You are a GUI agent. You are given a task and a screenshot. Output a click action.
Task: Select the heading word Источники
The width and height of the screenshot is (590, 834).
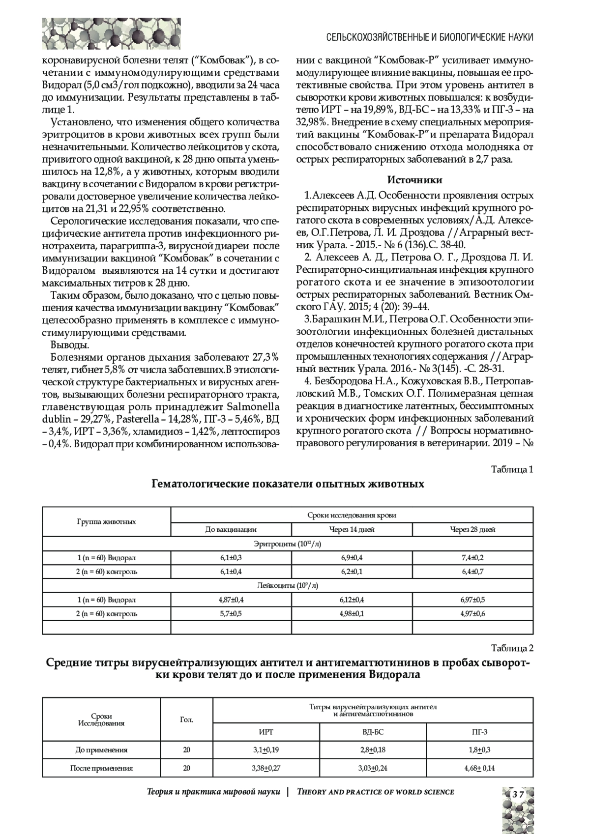pyautogui.click(x=415, y=180)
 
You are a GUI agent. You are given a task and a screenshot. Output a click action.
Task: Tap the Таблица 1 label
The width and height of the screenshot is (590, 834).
pyautogui.click(x=512, y=469)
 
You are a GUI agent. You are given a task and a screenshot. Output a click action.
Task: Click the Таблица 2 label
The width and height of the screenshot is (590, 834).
pyautogui.click(x=512, y=648)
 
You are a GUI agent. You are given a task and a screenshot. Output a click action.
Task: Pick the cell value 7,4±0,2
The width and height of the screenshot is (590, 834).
pyautogui.click(x=472, y=557)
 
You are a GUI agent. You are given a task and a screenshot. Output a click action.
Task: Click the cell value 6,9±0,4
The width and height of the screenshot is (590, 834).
pyautogui.click(x=352, y=557)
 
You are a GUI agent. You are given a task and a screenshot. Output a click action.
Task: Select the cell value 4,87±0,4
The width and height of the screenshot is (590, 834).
pyautogui.click(x=231, y=600)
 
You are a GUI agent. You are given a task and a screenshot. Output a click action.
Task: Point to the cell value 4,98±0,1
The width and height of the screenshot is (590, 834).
pyautogui.click(x=352, y=614)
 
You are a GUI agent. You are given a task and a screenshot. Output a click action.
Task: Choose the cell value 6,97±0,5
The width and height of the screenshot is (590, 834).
pyautogui.click(x=472, y=600)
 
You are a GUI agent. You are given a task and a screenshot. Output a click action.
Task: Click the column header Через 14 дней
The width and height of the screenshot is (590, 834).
pyautogui.click(x=352, y=529)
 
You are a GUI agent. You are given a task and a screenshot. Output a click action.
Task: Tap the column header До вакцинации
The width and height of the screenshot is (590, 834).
pyautogui.click(x=231, y=529)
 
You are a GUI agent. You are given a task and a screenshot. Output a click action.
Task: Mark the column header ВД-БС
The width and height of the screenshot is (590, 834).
pyautogui.click(x=373, y=731)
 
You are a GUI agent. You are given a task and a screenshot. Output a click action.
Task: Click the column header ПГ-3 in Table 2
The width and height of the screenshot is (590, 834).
pyautogui.click(x=479, y=731)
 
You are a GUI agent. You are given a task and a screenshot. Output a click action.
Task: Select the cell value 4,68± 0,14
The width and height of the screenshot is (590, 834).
pyautogui.click(x=479, y=768)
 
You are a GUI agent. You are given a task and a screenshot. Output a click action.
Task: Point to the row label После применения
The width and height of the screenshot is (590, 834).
pyautogui.click(x=101, y=768)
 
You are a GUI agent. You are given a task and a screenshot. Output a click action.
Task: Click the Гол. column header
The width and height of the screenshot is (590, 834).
pyautogui.click(x=186, y=719)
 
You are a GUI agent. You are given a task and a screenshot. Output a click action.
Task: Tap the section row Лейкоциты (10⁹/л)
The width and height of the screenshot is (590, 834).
pyautogui.click(x=288, y=585)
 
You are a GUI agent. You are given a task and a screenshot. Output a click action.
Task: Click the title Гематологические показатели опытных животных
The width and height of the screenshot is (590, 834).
pyautogui.click(x=288, y=484)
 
